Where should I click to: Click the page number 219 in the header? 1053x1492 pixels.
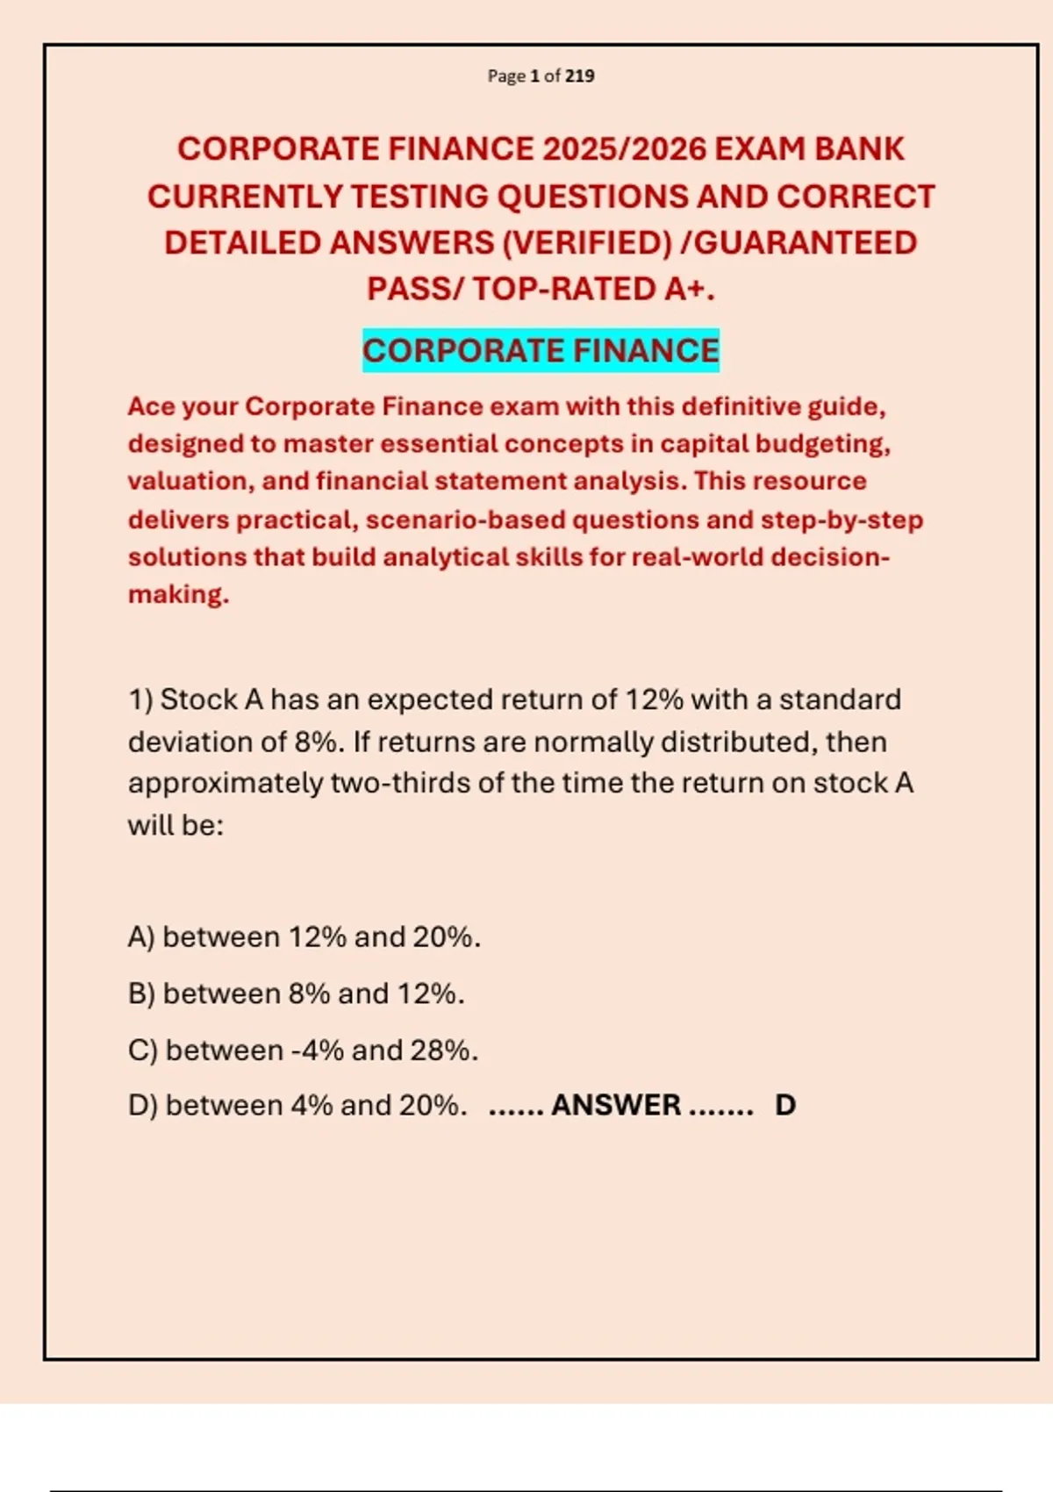point(580,76)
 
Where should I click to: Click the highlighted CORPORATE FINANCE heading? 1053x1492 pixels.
point(541,350)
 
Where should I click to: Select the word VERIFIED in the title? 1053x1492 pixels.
point(587,243)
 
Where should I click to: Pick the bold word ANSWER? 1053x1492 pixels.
point(616,1105)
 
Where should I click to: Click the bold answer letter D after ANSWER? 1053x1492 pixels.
point(785,1105)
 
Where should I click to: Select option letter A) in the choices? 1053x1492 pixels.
point(141,937)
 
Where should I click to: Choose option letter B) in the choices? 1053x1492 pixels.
point(141,993)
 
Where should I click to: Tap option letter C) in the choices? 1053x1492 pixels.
point(142,1051)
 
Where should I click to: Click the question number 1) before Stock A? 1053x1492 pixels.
point(140,699)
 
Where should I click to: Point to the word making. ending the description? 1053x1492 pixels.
point(178,595)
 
